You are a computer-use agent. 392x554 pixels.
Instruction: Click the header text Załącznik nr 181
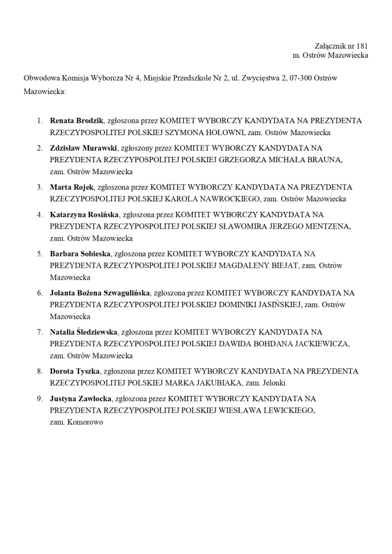[341, 46]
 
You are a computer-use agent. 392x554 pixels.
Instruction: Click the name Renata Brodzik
[77, 121]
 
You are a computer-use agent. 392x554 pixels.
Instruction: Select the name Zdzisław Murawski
[84, 147]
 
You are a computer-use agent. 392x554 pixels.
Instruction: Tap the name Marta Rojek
[72, 187]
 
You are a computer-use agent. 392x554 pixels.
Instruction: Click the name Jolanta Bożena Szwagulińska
[100, 293]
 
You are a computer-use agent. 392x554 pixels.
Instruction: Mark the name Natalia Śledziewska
[84, 332]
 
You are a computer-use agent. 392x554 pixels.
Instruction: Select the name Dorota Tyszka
[74, 371]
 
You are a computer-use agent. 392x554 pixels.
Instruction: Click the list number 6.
[40, 293]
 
